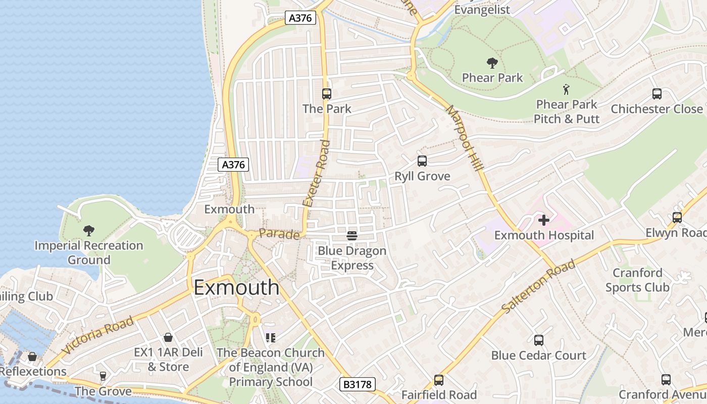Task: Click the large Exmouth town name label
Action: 236,287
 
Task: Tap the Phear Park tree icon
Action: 492,63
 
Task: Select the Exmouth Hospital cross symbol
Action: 544,220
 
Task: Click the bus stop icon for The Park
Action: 327,94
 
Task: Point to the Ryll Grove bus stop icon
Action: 422,161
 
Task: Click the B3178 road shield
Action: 358,385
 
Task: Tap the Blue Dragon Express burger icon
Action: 352,235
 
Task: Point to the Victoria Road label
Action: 98,335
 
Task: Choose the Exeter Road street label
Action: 317,173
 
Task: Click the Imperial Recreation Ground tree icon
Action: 89,231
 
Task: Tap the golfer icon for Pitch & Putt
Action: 566,90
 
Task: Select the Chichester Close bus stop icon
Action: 657,94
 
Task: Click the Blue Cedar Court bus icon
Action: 539,340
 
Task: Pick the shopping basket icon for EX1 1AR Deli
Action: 168,337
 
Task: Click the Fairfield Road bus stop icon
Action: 439,380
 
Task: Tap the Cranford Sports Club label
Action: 637,280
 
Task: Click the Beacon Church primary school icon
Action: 270,337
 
